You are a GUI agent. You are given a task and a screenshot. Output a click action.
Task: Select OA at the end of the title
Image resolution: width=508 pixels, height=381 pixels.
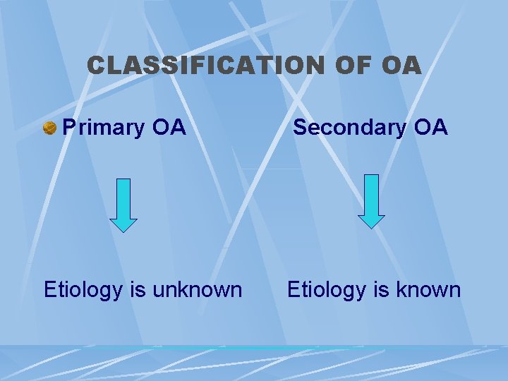401,66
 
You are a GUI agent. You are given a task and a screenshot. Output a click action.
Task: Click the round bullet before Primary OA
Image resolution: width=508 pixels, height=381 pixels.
49,128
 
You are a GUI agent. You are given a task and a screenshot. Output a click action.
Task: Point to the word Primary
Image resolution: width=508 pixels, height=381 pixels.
103,128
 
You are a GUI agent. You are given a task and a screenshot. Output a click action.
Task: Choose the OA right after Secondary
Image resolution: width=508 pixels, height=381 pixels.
431,128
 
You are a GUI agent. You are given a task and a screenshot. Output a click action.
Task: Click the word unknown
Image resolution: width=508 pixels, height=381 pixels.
200,289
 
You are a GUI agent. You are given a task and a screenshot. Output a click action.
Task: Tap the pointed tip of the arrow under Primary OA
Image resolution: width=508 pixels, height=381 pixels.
123,230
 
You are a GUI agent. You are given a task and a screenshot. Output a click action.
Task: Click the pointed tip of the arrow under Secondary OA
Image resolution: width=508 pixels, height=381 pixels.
371,226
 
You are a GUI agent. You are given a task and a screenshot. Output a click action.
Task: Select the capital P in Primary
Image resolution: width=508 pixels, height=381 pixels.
69,128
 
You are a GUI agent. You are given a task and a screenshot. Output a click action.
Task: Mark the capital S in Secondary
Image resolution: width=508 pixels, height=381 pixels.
300,128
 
